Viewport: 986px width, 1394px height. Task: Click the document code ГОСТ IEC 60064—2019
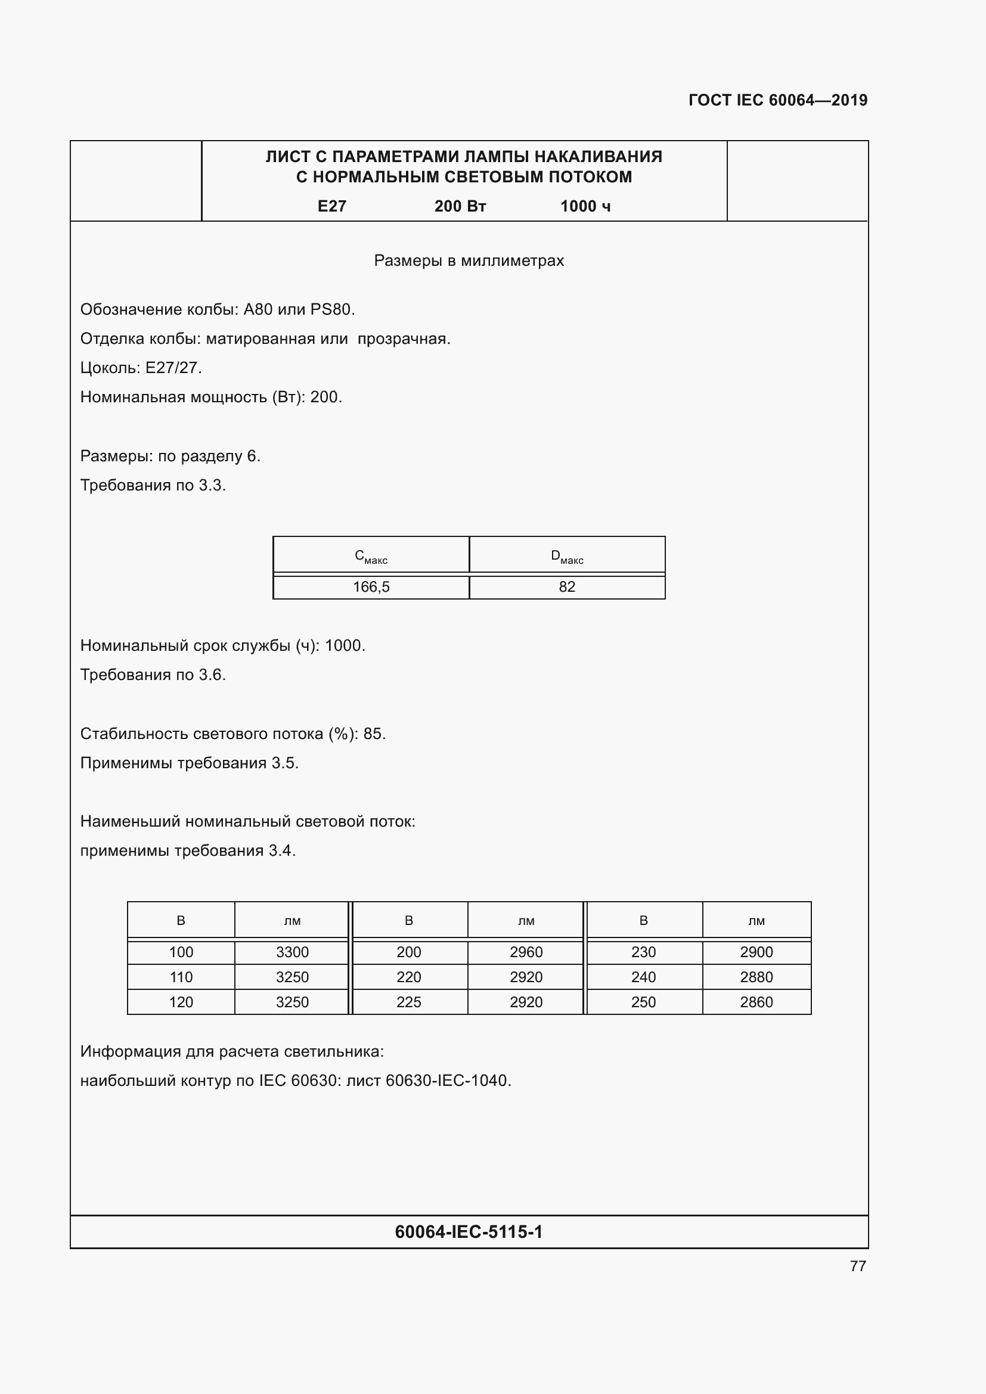(778, 100)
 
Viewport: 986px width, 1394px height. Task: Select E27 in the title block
(331, 206)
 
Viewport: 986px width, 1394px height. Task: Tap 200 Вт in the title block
(460, 206)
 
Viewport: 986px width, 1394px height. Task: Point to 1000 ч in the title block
(585, 206)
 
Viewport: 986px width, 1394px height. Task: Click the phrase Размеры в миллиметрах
(469, 260)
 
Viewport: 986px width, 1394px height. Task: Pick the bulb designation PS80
(331, 310)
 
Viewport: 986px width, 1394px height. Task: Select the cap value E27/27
(173, 368)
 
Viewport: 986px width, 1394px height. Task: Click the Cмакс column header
(371, 556)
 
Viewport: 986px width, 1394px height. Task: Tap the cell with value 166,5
(371, 587)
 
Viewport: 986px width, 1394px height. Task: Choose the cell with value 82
(566, 587)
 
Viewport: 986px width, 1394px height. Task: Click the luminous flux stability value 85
(373, 734)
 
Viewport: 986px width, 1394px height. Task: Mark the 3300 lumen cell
(292, 952)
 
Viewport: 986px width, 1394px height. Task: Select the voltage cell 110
(181, 977)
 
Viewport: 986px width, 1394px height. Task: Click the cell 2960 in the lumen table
(526, 952)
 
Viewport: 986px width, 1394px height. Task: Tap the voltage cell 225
(408, 1002)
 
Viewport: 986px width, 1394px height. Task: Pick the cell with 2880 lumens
(756, 977)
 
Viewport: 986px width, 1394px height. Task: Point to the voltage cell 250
(643, 1002)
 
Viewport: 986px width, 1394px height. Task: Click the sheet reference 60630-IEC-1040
(448, 1081)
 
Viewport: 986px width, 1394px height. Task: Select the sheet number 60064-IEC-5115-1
(469, 1232)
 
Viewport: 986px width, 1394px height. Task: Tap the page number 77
(857, 1266)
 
